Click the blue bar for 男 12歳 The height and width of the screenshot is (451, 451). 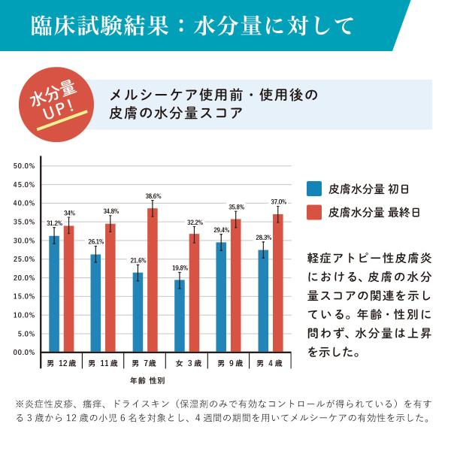coord(54,294)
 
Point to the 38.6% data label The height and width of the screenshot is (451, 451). coord(153,196)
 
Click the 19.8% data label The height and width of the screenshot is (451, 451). coord(180,268)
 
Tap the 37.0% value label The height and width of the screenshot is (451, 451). coord(278,201)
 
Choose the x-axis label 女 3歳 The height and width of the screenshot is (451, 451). coord(187,363)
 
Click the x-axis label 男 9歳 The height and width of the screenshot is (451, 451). coord(229,363)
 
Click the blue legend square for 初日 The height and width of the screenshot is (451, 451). coord(314,189)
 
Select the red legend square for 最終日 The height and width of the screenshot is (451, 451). coord(314,212)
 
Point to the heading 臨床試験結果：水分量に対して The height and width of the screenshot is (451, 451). coord(192,26)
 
